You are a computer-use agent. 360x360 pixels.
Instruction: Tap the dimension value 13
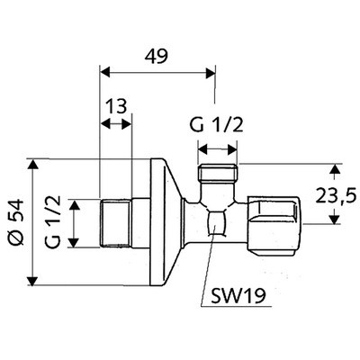coord(115,107)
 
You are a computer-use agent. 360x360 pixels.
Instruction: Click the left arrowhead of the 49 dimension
coord(103,70)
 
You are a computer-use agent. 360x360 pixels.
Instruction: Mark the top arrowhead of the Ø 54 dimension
coord(34,164)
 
